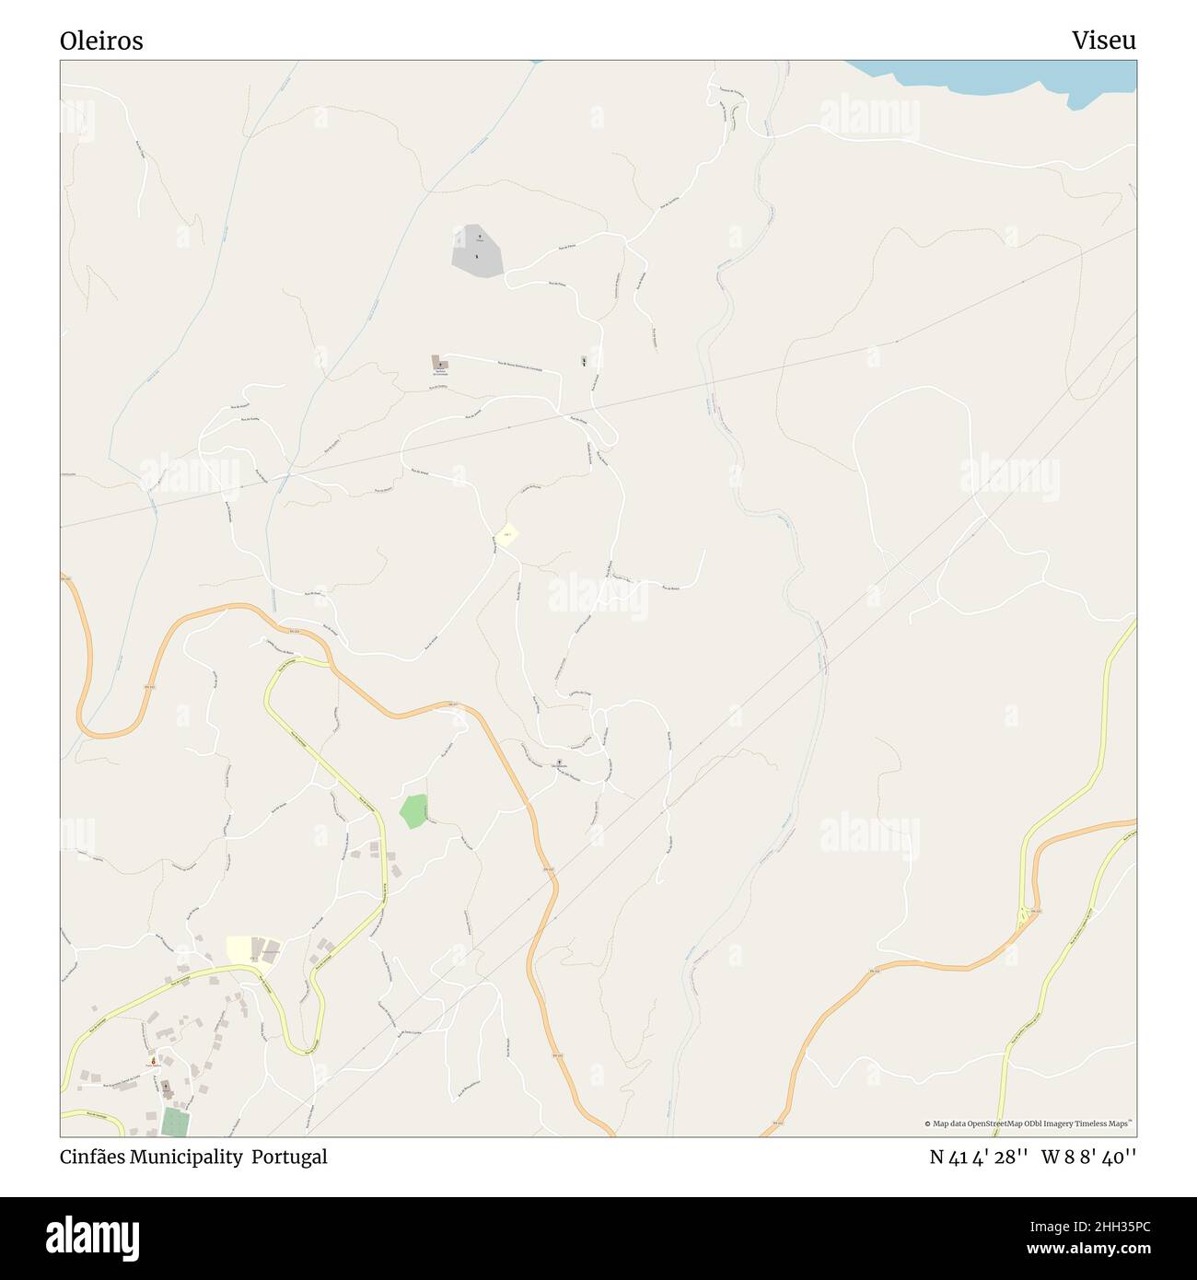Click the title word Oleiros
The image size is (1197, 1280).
(x=101, y=41)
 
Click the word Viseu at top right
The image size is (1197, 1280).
(x=1103, y=41)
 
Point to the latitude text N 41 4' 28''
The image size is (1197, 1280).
(x=978, y=1157)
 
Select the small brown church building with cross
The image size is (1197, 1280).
(x=440, y=364)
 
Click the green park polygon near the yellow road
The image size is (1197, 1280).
(x=414, y=810)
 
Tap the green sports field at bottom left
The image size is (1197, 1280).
(x=174, y=1122)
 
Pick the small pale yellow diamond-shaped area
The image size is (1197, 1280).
(x=506, y=534)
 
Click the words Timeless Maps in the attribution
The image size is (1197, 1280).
(x=1106, y=1123)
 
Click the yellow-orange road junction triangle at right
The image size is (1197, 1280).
(x=1022, y=917)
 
